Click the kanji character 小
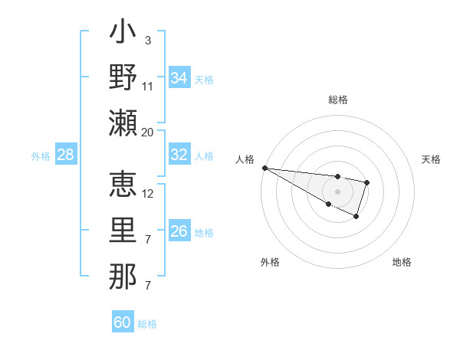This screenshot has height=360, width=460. [123, 34]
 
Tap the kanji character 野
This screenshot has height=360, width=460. [123, 77]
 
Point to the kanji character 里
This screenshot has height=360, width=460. [123, 231]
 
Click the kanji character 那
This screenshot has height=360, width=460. [123, 276]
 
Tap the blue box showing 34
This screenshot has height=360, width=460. [179, 78]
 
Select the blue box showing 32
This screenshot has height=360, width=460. [179, 155]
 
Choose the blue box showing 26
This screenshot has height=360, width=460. [179, 231]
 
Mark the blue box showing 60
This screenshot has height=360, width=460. [123, 322]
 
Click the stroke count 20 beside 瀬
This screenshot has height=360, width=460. [148, 132]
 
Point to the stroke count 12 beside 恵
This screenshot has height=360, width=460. [148, 193]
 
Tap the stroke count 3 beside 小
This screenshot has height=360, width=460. [147, 41]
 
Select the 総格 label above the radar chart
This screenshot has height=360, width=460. [337, 100]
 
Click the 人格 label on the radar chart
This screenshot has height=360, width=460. [245, 159]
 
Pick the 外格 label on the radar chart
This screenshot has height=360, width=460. [270, 262]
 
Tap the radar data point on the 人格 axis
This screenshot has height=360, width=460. [264, 168]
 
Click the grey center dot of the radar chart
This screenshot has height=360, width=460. [337, 191]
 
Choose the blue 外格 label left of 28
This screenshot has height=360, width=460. [41, 156]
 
